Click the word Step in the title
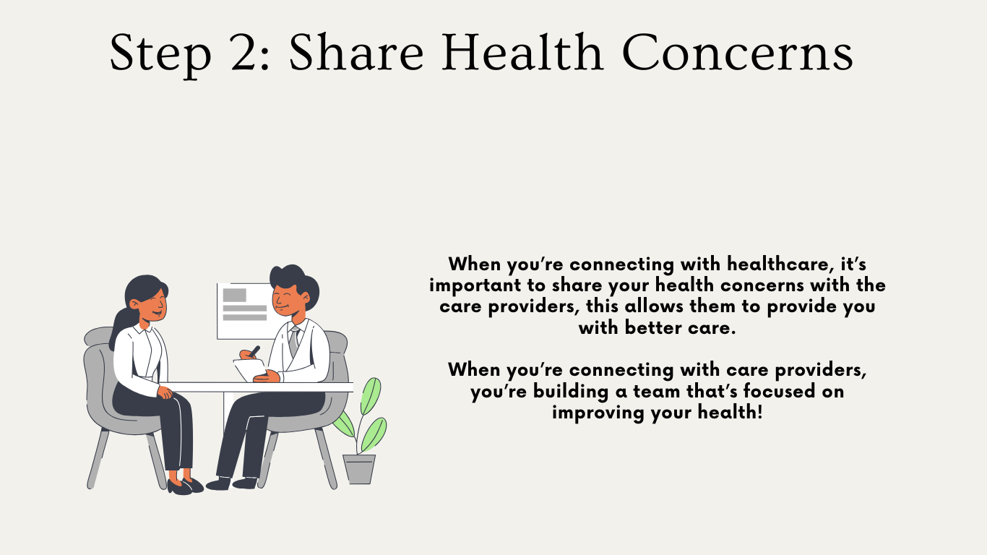[160, 53]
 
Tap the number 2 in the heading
[243, 53]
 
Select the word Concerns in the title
[738, 52]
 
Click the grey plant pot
[359, 469]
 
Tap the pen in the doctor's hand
[254, 352]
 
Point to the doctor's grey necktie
[293, 341]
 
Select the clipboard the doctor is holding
[250, 369]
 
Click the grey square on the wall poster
[234, 295]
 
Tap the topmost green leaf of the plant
[371, 395]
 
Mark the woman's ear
[134, 304]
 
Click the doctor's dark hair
[294, 282]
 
